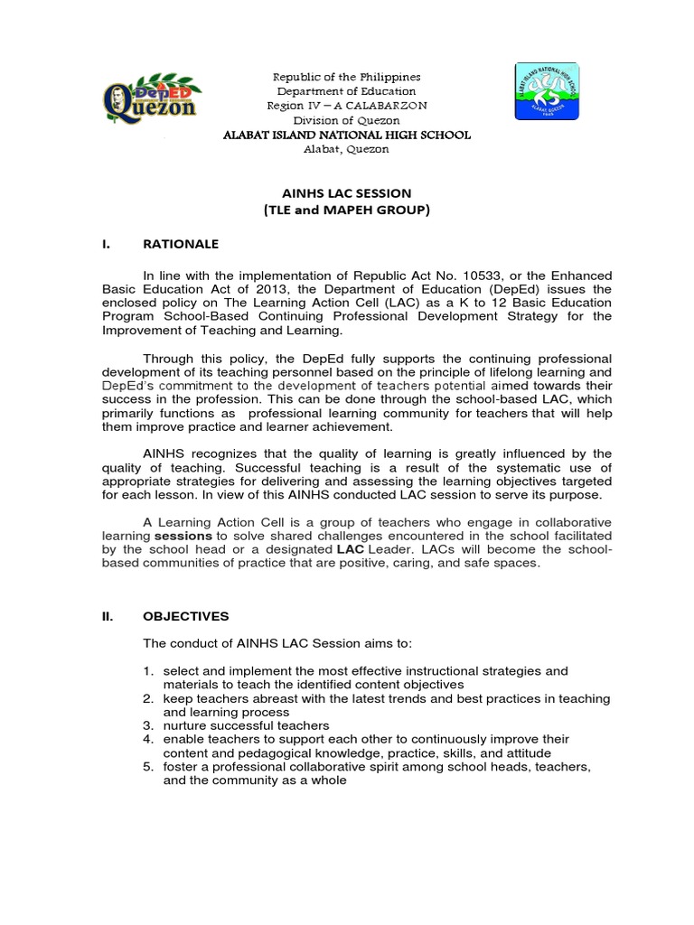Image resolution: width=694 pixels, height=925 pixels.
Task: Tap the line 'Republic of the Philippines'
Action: point(347,78)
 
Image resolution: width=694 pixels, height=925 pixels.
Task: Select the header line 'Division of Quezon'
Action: point(347,120)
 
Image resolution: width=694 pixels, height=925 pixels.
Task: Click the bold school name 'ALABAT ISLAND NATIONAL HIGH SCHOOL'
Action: point(347,135)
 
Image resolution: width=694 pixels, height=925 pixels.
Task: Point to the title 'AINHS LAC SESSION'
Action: point(346,193)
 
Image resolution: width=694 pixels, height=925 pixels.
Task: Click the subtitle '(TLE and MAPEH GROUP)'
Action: point(346,210)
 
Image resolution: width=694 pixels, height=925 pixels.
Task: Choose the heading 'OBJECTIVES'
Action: point(186,616)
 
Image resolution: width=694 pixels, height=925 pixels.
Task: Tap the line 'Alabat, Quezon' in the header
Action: point(347,149)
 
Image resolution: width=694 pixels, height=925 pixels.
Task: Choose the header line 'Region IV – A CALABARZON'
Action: point(347,106)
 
